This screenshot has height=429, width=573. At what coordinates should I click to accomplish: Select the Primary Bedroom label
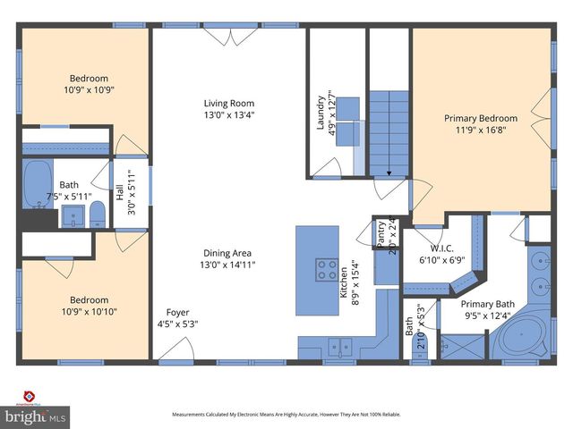(x=481, y=118)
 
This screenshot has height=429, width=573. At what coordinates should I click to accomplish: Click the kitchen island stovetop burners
(x=326, y=269)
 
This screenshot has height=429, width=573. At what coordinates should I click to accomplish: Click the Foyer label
(x=177, y=313)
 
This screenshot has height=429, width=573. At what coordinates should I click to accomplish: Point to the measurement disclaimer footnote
(x=286, y=415)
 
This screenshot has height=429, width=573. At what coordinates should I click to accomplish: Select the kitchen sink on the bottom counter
(x=338, y=343)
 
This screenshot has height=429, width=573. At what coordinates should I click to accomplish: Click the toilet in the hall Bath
(x=98, y=214)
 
